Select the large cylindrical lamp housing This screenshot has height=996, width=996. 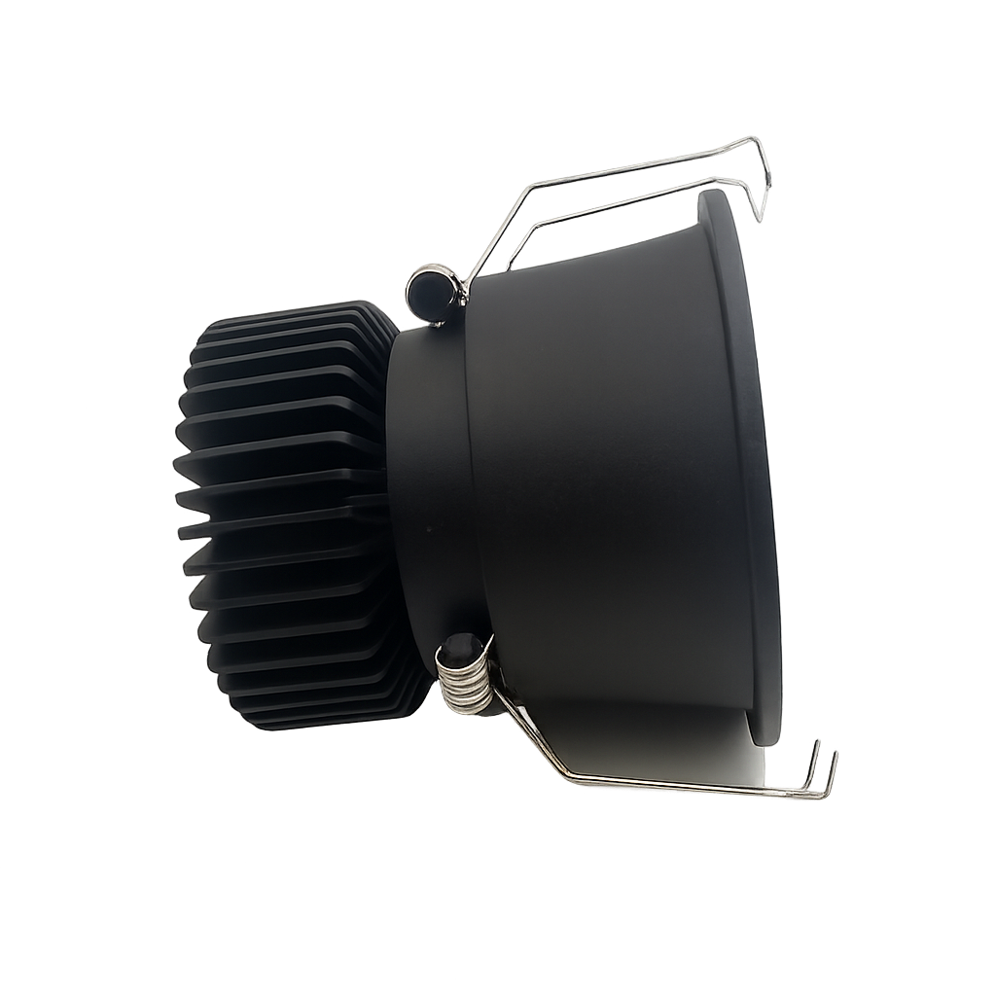(603, 467)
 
